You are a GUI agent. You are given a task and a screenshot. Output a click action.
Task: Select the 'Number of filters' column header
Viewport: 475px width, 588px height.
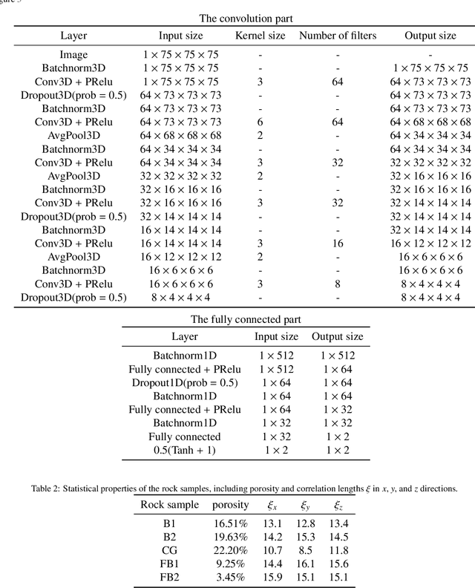(337, 36)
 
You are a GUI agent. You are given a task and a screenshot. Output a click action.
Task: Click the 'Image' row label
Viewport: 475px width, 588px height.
(73, 55)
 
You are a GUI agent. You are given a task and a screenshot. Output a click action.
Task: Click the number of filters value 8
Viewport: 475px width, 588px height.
(337, 284)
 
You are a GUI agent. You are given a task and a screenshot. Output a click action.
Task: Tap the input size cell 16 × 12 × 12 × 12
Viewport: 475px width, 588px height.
(181, 257)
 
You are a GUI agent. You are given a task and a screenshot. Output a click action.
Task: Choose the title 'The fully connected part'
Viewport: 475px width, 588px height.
(237, 320)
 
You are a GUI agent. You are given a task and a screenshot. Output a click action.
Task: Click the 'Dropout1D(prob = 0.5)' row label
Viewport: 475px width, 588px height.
(185, 383)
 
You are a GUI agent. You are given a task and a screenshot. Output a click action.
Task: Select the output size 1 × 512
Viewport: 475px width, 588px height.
(337, 356)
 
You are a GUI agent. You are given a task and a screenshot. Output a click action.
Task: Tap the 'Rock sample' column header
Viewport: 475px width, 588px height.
(170, 506)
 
